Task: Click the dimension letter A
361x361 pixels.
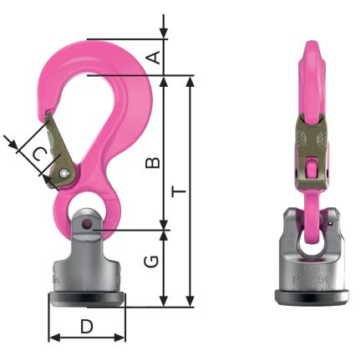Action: point(154,58)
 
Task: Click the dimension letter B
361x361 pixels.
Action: point(153,163)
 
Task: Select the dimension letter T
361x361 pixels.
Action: point(179,191)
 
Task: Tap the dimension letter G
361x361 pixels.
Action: point(151,262)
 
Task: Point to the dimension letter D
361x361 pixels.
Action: point(87,326)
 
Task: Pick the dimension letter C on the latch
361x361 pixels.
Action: point(39,154)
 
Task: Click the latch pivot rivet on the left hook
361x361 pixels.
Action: point(64,173)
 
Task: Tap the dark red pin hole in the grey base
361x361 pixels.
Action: point(88,224)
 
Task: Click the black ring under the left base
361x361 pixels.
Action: point(87,299)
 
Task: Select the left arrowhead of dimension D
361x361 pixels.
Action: point(54,338)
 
